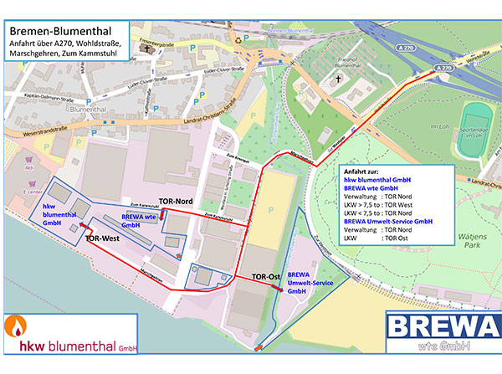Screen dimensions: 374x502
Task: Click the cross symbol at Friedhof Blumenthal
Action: (339, 79)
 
